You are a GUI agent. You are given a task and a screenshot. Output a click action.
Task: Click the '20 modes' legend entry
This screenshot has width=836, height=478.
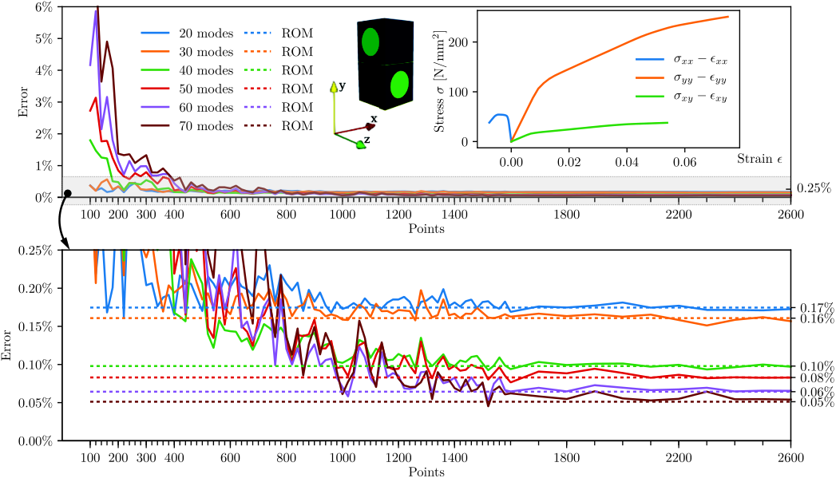pyautogui.click(x=187, y=33)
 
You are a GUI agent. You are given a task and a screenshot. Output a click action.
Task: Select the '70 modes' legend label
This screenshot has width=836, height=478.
pyautogui.click(x=206, y=126)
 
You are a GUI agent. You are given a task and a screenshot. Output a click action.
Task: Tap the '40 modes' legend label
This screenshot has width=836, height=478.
pyautogui.click(x=206, y=70)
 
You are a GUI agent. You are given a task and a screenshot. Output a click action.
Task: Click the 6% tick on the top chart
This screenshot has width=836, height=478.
pyautogui.click(x=43, y=7)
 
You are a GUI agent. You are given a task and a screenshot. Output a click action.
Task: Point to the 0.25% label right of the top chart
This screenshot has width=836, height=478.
pyautogui.click(x=814, y=188)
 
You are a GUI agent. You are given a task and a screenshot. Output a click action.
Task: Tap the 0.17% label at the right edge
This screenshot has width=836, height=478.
pyautogui.click(x=817, y=308)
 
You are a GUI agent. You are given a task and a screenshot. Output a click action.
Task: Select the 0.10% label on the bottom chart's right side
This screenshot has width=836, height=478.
pyautogui.click(x=817, y=366)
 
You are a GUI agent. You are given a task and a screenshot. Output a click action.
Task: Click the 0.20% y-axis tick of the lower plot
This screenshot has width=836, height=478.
pyautogui.click(x=36, y=288)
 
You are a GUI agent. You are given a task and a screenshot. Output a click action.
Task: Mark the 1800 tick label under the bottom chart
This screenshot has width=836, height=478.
pyautogui.click(x=566, y=458)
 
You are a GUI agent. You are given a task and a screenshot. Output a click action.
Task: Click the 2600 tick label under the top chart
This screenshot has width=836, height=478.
pyautogui.click(x=790, y=214)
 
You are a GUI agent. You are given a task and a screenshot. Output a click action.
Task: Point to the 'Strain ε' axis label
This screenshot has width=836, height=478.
pyautogui.click(x=759, y=158)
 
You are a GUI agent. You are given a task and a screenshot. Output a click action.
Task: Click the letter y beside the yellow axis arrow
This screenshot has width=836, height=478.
pyautogui.click(x=343, y=85)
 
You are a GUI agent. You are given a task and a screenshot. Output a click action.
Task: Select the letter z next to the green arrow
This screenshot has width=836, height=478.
pyautogui.click(x=366, y=140)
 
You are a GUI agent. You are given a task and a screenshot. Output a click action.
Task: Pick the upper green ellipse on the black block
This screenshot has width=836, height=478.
pyautogui.click(x=370, y=42)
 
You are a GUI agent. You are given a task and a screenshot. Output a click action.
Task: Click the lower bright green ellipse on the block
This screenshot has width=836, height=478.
pyautogui.click(x=399, y=85)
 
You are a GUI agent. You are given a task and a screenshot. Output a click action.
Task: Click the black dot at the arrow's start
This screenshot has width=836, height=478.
pyautogui.click(x=68, y=193)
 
